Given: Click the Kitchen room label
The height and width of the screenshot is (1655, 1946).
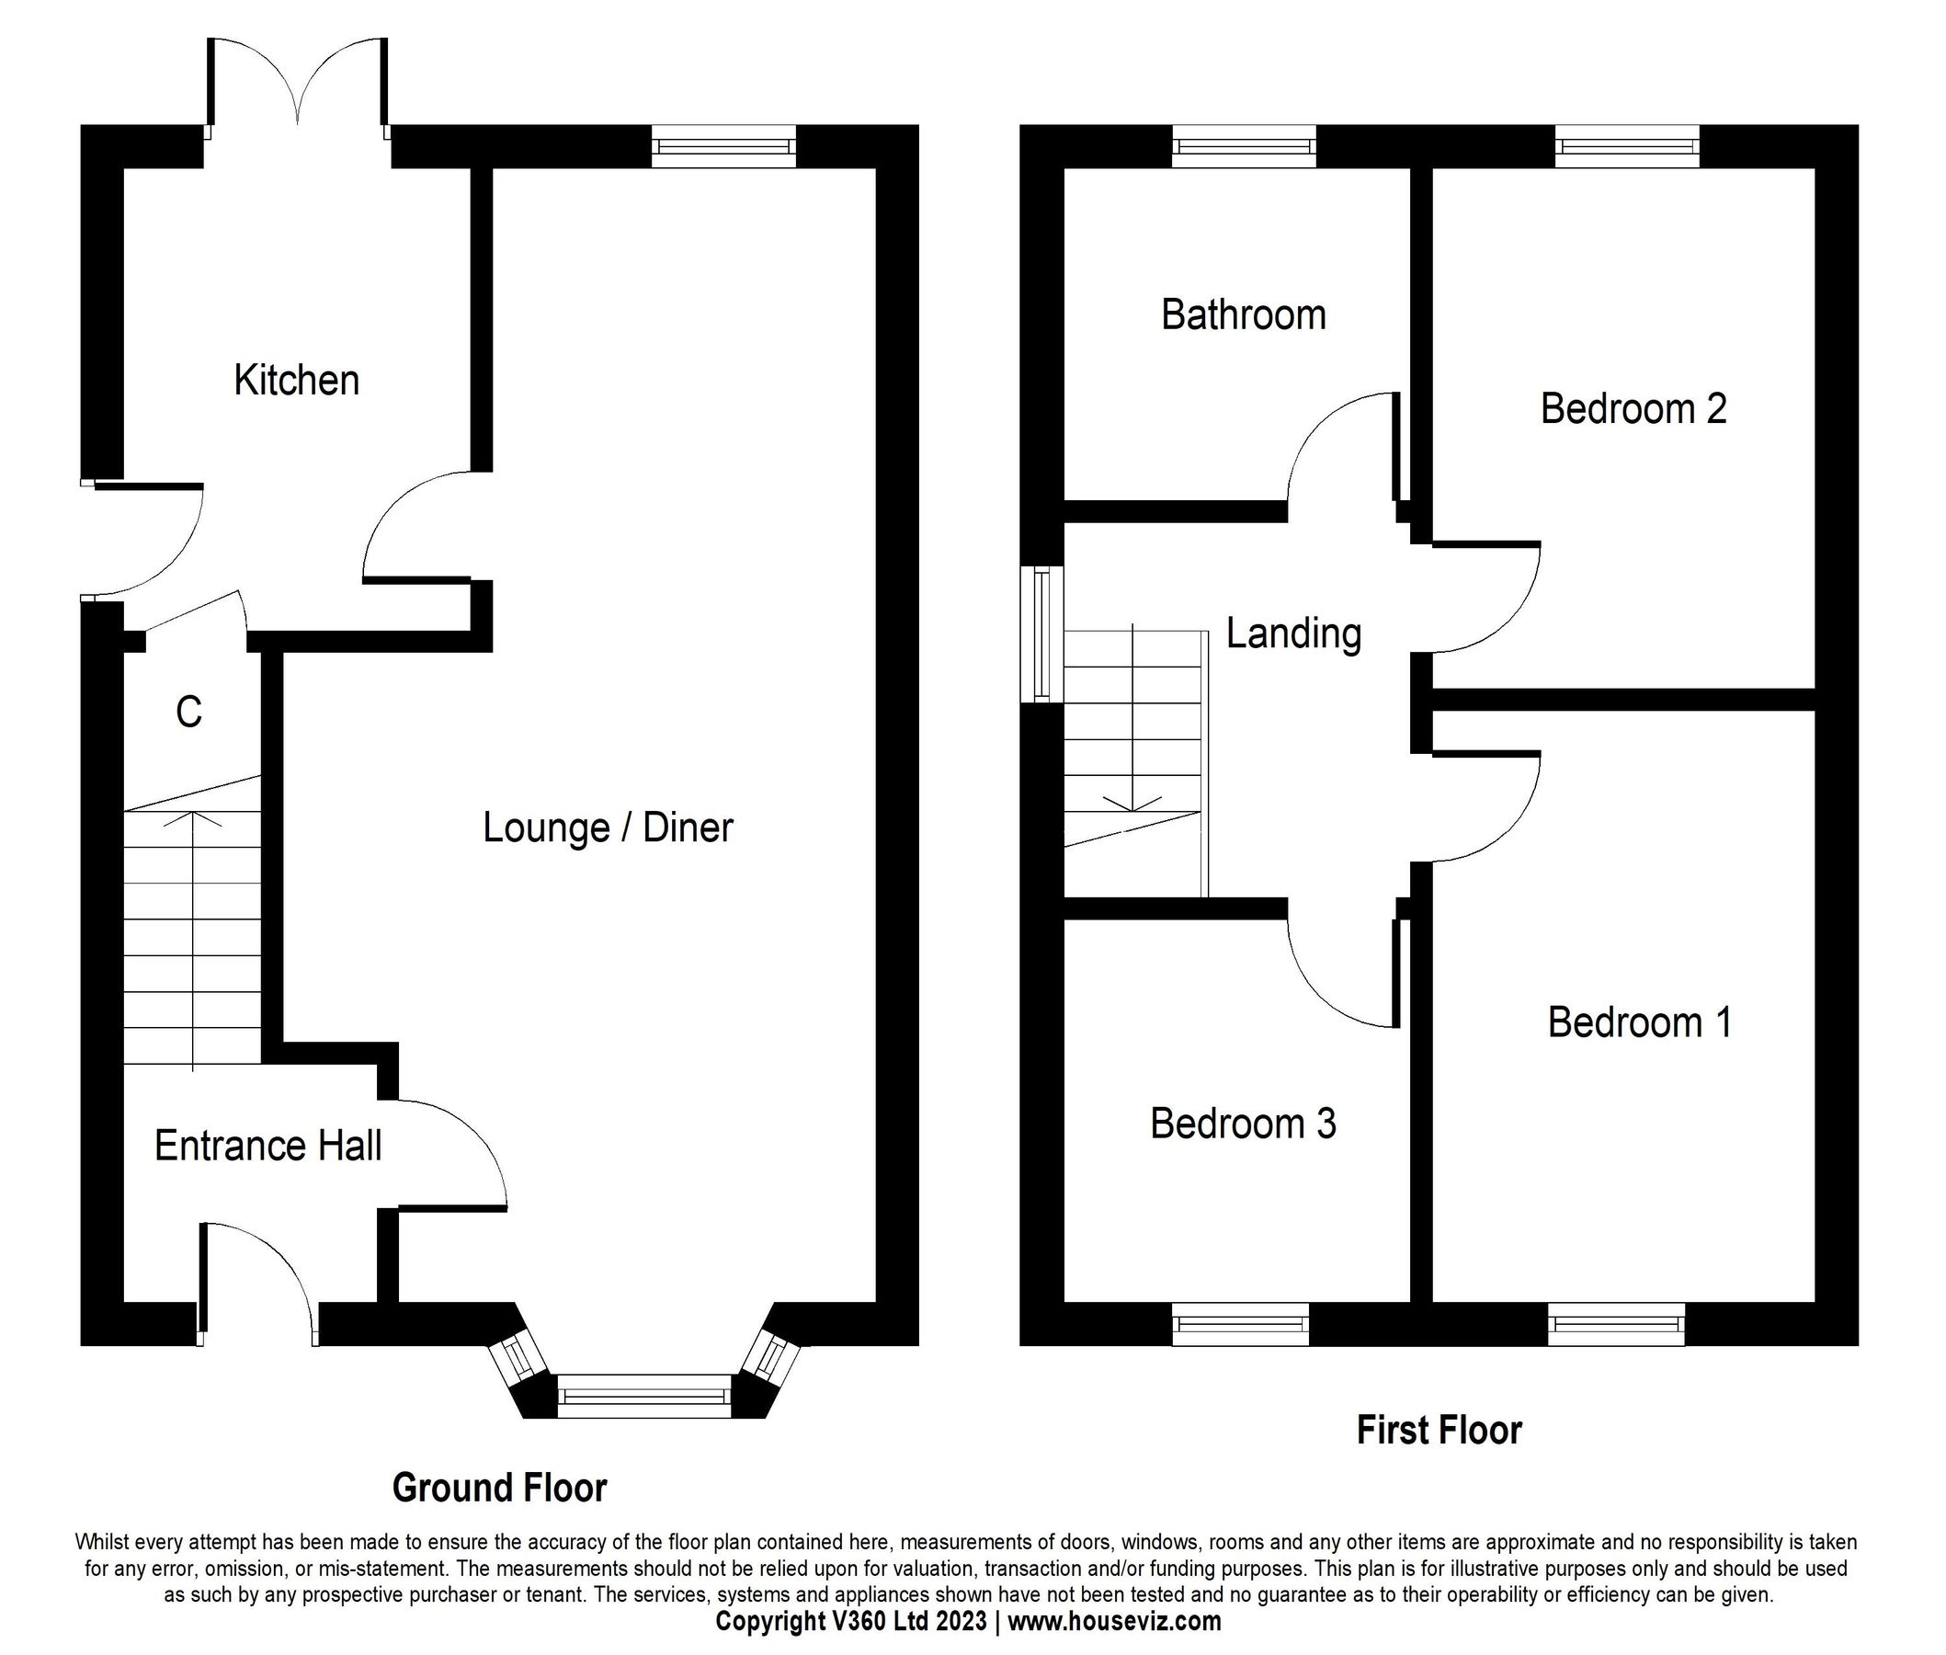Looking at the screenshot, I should [x=296, y=380].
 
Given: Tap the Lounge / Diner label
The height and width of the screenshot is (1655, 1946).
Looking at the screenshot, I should [x=607, y=827].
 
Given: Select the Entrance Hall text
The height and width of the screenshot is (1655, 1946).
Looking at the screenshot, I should [x=267, y=1146].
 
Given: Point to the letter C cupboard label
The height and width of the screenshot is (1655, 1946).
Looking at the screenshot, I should [x=188, y=712].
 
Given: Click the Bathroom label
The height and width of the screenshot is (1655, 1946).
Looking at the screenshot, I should [x=1243, y=314].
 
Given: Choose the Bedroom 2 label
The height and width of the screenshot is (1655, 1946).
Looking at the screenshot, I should [x=1633, y=408].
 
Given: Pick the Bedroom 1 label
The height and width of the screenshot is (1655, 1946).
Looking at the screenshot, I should [x=1639, y=1022].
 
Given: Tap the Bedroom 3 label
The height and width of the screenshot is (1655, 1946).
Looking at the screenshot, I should [x=1243, y=1123].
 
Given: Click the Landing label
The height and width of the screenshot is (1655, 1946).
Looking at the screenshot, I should [x=1293, y=633].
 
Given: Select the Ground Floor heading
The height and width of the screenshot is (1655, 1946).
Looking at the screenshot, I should [x=499, y=1487].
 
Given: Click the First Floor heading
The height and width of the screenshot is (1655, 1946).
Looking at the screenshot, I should [x=1439, y=1430].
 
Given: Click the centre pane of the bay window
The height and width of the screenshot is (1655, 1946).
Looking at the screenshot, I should [x=643, y=1395].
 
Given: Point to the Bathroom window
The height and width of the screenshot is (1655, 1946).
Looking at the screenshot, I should [x=1244, y=146].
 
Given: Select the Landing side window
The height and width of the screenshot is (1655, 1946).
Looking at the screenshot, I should [x=1041, y=633].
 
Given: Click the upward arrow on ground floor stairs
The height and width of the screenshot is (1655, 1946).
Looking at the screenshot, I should [x=193, y=819].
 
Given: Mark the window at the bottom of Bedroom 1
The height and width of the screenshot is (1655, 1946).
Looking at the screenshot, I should [x=1616, y=1324].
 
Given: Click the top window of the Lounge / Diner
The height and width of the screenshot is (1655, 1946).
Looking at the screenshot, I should [x=723, y=146].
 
